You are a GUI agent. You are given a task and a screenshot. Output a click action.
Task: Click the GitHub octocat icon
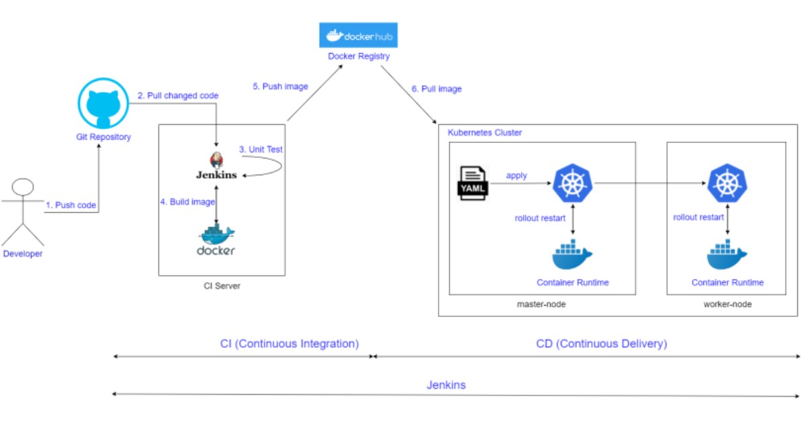coord(103,103)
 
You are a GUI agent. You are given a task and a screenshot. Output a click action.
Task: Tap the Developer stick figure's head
coord(24,187)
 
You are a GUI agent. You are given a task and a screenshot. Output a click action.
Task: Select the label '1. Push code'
coord(71,205)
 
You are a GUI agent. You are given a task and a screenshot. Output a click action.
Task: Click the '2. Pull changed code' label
coord(178,95)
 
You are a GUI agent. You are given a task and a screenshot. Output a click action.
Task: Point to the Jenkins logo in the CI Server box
coord(216,160)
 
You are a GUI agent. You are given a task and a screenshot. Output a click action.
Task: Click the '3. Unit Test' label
coord(261,149)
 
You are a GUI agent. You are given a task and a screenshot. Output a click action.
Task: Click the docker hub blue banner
coord(358,36)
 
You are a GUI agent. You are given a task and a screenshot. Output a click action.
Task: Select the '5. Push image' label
coord(281,86)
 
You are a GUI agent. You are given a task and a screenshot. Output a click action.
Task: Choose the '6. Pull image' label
coord(437,89)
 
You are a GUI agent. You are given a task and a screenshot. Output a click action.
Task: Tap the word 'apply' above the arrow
coord(517,175)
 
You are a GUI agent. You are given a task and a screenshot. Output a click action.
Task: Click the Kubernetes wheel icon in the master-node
coord(572,183)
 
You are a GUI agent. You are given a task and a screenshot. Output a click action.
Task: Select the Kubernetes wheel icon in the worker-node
coord(727,183)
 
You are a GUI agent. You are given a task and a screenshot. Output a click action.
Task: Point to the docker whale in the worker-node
coord(727,257)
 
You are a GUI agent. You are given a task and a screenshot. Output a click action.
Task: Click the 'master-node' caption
coord(542,304)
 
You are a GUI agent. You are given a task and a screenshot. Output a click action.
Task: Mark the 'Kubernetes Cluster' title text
coord(484,133)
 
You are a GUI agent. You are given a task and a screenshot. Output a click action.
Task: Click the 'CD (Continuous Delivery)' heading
coord(601,344)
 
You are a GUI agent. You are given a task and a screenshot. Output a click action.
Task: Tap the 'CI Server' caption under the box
coord(222,286)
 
